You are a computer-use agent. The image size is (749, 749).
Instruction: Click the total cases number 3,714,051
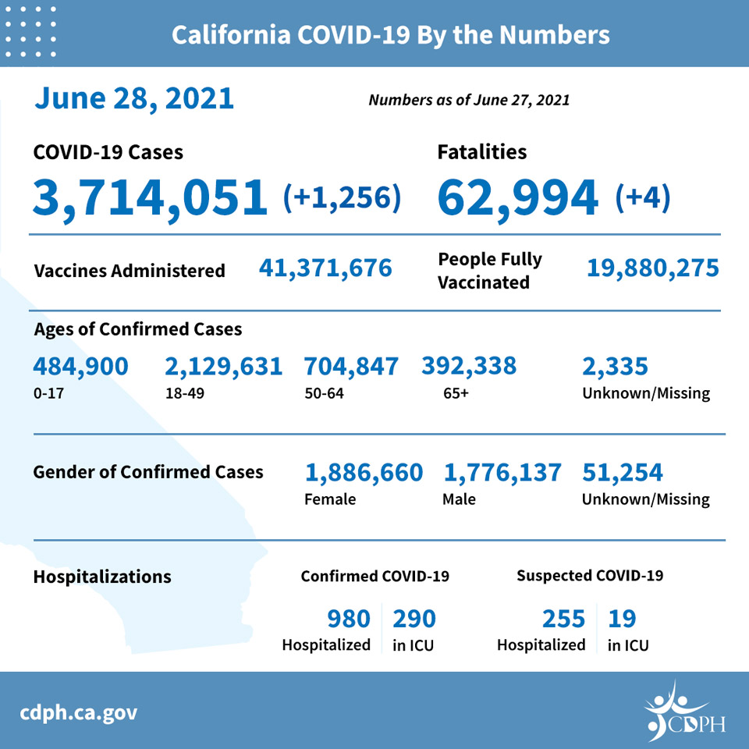[150, 197]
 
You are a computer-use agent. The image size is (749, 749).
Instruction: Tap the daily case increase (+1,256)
[342, 197]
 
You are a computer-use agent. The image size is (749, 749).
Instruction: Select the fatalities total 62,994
[517, 197]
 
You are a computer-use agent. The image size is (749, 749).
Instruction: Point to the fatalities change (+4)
[643, 197]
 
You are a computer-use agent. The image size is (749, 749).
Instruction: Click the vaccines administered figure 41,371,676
[325, 268]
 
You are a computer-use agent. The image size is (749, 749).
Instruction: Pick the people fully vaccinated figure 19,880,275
[652, 268]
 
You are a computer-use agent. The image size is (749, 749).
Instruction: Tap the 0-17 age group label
[48, 393]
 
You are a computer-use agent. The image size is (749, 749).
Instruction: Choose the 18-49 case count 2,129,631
[224, 367]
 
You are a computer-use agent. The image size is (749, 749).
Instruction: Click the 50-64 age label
[324, 393]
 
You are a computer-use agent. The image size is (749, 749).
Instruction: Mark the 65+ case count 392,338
[469, 367]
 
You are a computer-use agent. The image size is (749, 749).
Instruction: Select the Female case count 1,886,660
[364, 473]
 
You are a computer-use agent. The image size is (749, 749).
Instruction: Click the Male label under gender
[459, 499]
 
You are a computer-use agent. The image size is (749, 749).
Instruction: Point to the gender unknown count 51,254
[622, 473]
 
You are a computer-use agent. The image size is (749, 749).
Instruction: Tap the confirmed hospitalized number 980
[349, 619]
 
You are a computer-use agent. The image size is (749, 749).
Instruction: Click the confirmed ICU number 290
[414, 619]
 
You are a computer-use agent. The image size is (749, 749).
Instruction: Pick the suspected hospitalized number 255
[563, 619]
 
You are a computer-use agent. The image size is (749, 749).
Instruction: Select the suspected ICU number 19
[622, 619]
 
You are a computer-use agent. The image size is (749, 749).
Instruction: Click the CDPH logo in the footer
[684, 712]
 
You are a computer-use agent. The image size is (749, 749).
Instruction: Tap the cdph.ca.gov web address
[78, 713]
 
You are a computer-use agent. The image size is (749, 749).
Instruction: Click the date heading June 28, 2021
[134, 99]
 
